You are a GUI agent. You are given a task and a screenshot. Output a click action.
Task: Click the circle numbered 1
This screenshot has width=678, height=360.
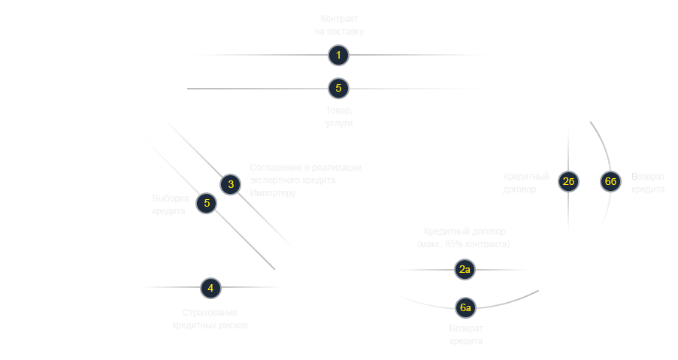pyautogui.click(x=339, y=55)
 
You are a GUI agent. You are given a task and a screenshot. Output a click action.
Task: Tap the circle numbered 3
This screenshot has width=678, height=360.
pyautogui.click(x=232, y=184)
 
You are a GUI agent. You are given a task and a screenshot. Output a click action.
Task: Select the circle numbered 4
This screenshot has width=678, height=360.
pyautogui.click(x=210, y=287)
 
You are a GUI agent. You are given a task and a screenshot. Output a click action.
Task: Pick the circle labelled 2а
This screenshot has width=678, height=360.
pyautogui.click(x=464, y=269)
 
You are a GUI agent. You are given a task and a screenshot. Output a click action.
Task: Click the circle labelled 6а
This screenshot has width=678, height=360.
pyautogui.click(x=465, y=306)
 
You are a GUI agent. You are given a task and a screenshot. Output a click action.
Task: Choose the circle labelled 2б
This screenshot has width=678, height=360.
pyautogui.click(x=568, y=181)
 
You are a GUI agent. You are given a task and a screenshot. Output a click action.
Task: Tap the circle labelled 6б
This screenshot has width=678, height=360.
pyautogui.click(x=611, y=181)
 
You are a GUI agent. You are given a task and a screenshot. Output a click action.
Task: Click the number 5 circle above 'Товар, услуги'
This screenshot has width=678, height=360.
pyautogui.click(x=339, y=88)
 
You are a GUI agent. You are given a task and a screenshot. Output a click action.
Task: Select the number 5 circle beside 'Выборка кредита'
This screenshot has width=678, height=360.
pyautogui.click(x=207, y=204)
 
